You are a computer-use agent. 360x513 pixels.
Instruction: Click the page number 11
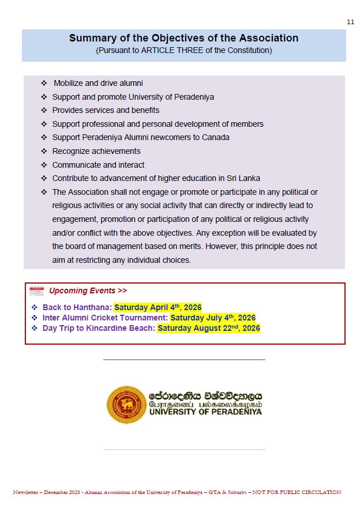351,22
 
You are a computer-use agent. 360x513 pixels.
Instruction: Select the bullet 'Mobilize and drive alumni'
98,83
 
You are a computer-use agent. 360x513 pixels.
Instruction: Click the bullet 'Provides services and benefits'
106,110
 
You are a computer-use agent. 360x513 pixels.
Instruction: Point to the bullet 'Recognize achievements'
96,151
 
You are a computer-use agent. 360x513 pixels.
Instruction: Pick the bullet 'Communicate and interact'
98,165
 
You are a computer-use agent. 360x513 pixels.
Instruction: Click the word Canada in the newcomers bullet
216,137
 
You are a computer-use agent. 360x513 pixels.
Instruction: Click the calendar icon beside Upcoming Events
36,291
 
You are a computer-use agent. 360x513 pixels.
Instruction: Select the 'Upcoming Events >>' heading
88,291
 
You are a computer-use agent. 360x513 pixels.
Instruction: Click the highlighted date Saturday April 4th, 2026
157,307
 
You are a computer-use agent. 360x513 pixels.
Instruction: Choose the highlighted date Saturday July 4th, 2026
213,318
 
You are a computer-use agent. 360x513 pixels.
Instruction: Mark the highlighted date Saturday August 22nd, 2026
208,329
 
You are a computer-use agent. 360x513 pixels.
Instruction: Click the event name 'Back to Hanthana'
77,307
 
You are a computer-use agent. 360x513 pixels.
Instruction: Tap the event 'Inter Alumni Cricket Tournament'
105,318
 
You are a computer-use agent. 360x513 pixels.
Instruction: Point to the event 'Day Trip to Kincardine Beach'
99,329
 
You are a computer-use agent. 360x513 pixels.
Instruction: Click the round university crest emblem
126,404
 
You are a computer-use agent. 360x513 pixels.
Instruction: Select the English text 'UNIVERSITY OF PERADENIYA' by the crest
205,412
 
